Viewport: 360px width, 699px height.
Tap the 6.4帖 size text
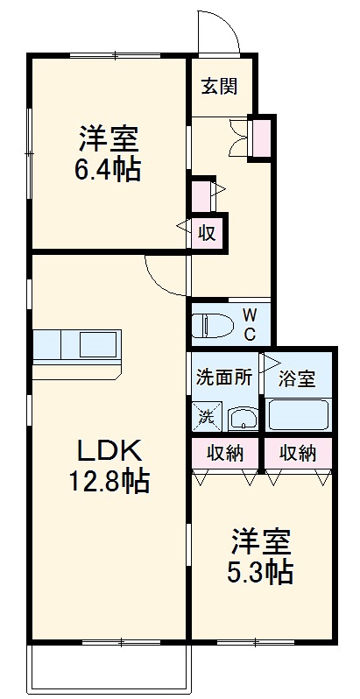tap(108, 168)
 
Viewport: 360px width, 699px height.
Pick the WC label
tap(249, 323)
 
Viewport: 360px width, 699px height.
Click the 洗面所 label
tap(224, 378)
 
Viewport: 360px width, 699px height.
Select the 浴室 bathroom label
tap(296, 379)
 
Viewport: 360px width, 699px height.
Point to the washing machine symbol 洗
tap(207, 417)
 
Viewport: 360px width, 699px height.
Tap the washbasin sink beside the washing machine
tap(242, 418)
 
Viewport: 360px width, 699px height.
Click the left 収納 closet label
tap(224, 453)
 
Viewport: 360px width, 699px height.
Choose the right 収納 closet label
tap(297, 453)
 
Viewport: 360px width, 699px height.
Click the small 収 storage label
tap(207, 233)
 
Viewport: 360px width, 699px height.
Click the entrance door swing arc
tap(218, 33)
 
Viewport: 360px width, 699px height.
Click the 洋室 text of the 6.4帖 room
tap(108, 139)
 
